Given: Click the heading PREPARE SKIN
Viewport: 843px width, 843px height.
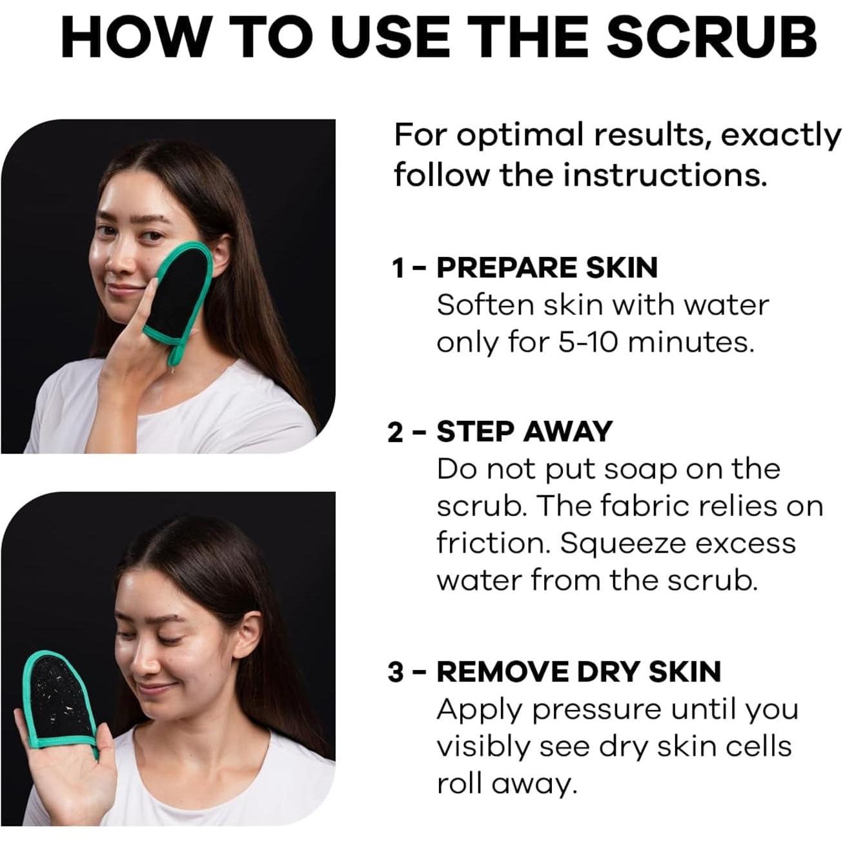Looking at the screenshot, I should coord(547,267).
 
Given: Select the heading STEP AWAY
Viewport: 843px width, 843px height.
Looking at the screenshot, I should coord(523,431).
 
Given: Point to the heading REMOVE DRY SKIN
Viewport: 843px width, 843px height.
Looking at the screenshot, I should coord(578,672).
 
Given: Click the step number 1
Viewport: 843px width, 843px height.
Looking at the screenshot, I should coord(398,268).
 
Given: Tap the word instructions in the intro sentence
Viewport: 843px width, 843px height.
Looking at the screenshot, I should coord(665,174).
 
